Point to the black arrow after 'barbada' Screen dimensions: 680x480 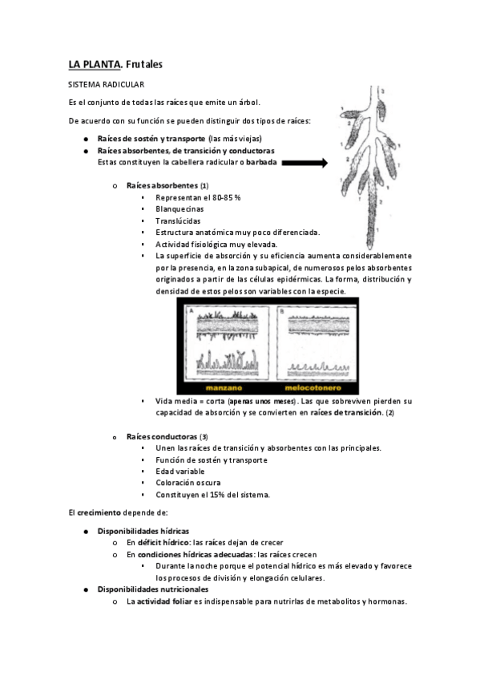pyautogui.click(x=305, y=162)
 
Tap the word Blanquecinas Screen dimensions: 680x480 pyautogui.click(x=179, y=209)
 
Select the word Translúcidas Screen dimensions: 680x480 pyautogui.click(x=178, y=221)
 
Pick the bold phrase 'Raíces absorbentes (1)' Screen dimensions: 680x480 pyautogui.click(x=167, y=185)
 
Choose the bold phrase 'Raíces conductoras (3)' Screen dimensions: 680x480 pyautogui.click(x=167, y=436)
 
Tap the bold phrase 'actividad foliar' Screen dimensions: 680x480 pyautogui.click(x=166, y=601)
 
